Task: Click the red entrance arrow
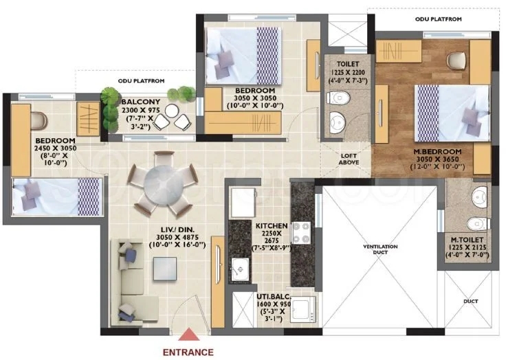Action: tap(188, 335)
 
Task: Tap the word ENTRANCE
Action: tap(188, 352)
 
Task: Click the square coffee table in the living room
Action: tap(165, 269)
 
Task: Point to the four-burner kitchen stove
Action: tap(302, 233)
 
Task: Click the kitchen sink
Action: tap(240, 269)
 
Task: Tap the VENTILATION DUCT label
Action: tap(380, 249)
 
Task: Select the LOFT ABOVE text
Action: tap(349, 159)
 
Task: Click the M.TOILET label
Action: tap(467, 240)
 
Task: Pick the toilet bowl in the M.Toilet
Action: tap(478, 224)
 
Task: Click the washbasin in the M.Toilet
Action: tap(480, 197)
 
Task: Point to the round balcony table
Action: tap(171, 111)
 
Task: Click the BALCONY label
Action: tap(141, 102)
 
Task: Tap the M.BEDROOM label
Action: tap(437, 152)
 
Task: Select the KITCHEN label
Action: tap(272, 225)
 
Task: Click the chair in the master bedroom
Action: tap(456, 60)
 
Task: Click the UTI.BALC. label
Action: tap(274, 297)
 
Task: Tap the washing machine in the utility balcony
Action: tap(302, 309)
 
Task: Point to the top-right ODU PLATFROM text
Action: tap(439, 19)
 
